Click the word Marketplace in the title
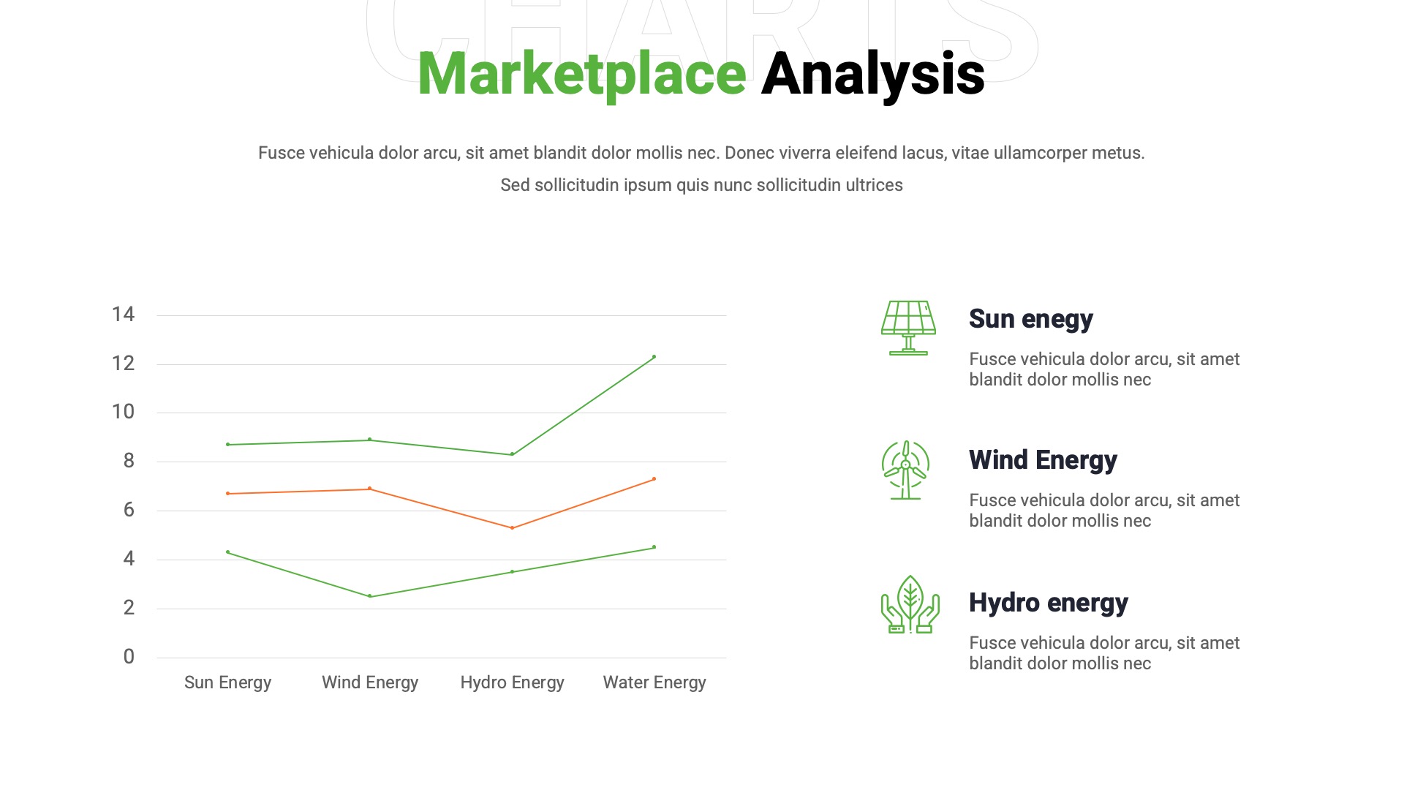(x=581, y=74)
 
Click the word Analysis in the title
(x=872, y=74)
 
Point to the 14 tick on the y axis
(x=123, y=315)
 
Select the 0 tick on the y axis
(x=129, y=657)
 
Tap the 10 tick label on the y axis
(x=123, y=412)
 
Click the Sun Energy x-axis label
(x=227, y=682)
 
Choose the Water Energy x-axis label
(x=654, y=682)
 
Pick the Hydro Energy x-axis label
(x=512, y=682)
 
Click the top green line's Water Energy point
(x=654, y=357)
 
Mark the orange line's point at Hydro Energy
(x=512, y=528)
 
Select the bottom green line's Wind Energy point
(x=370, y=596)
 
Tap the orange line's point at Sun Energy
(x=228, y=494)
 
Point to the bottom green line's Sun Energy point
(x=228, y=552)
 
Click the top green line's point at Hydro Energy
(x=512, y=454)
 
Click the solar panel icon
(x=908, y=328)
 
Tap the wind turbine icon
(x=905, y=470)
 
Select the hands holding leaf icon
(x=910, y=604)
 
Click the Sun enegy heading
(x=1030, y=319)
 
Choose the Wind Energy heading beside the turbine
(x=1043, y=460)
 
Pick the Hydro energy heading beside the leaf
(x=1048, y=603)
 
